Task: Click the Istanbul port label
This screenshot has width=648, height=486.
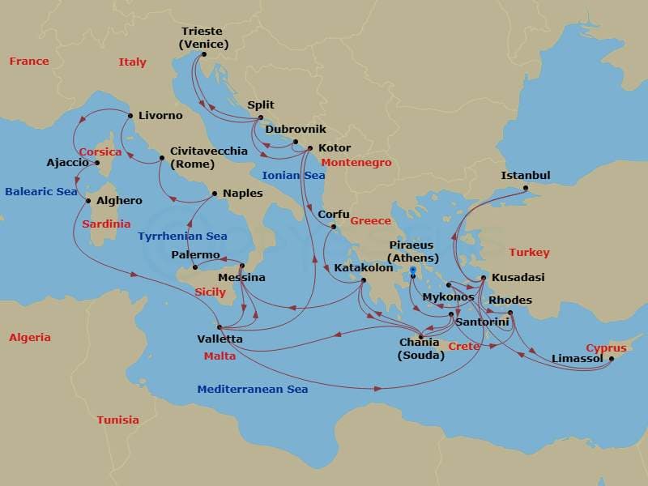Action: (525, 175)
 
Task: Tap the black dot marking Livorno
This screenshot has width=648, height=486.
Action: (130, 116)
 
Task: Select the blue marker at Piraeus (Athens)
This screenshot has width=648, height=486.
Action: (413, 271)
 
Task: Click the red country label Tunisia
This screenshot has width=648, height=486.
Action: (117, 420)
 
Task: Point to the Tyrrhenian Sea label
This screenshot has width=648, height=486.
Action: (182, 236)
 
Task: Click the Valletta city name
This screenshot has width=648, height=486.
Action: (220, 339)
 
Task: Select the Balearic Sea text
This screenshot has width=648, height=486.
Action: (40, 192)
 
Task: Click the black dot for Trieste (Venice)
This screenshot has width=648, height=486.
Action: (203, 54)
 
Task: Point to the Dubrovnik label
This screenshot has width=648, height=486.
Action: (296, 129)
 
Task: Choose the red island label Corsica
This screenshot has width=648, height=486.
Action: (100, 151)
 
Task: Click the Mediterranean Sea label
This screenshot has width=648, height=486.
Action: (252, 389)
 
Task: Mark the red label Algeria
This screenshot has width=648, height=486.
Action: (29, 337)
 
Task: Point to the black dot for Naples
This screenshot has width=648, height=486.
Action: (214, 194)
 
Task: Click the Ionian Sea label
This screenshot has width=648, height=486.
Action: (292, 175)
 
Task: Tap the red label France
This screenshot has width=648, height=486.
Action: (28, 61)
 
